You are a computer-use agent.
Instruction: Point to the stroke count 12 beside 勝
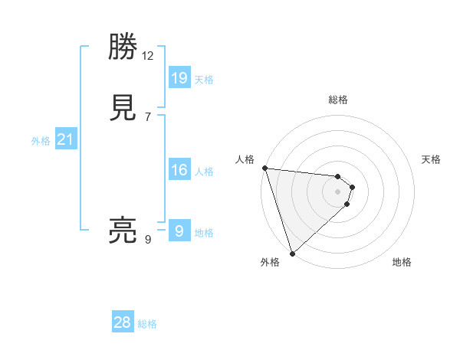(x=148, y=55)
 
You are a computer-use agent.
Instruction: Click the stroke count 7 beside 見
(x=148, y=116)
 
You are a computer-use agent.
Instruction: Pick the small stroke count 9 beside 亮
(x=148, y=239)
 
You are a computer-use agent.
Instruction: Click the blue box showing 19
(x=179, y=77)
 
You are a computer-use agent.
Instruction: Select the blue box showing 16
(x=179, y=169)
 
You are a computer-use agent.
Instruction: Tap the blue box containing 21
(x=65, y=139)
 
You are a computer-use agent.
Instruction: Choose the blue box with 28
(x=123, y=322)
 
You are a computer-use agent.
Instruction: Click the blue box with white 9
(x=179, y=231)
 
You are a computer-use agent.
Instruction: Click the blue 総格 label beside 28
(x=147, y=324)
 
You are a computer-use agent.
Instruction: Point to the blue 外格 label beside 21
(x=41, y=141)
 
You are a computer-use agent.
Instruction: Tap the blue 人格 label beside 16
(x=204, y=172)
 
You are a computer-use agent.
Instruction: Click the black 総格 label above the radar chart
(x=338, y=100)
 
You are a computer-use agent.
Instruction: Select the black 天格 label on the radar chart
(x=432, y=159)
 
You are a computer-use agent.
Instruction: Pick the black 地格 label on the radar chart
(x=402, y=262)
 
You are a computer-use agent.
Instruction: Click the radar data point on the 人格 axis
(x=264, y=168)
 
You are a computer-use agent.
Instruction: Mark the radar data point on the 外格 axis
(x=292, y=253)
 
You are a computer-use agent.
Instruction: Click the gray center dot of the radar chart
(x=338, y=191)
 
